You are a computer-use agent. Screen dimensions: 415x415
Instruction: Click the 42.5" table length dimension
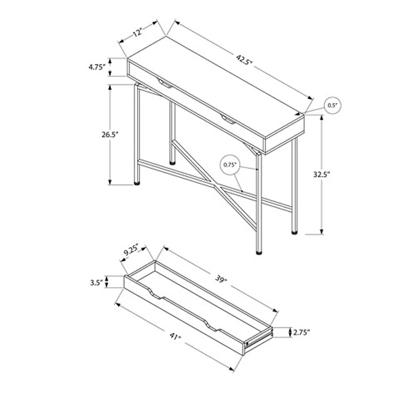(x=244, y=60)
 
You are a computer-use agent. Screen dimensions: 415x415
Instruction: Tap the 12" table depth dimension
(x=137, y=33)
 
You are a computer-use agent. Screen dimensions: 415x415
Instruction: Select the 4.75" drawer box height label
(x=97, y=67)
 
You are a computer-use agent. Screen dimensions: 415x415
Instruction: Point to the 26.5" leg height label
(x=110, y=134)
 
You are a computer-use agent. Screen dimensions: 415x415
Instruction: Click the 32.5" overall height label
(x=322, y=174)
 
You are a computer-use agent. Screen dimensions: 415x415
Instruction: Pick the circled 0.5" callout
(x=333, y=105)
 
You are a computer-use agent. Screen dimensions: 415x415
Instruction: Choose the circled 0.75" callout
(x=230, y=164)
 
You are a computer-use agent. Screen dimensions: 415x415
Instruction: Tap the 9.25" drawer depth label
(x=131, y=250)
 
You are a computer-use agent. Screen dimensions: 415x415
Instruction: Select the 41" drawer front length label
(x=175, y=336)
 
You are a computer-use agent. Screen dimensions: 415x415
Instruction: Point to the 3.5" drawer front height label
(x=96, y=283)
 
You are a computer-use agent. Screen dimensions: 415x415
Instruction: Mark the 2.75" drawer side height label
(x=301, y=332)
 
